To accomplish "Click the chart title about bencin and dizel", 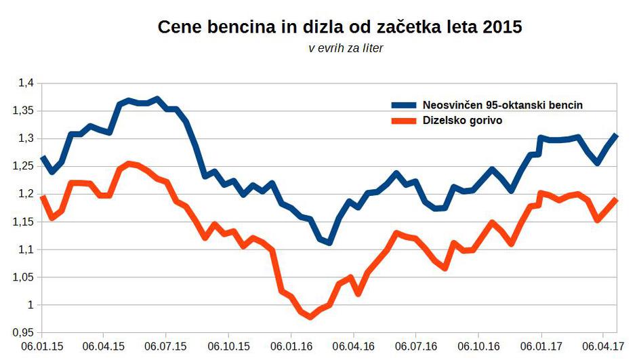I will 340,28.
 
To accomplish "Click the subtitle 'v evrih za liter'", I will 346,49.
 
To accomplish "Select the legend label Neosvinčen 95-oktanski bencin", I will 502,105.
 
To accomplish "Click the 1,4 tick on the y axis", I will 26,83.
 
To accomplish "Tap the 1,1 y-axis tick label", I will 26,249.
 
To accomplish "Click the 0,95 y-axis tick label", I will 23,333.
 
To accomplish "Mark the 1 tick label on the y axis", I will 30,305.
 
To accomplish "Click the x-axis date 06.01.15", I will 42,346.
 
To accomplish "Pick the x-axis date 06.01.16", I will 291,346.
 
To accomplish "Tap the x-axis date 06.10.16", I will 479,346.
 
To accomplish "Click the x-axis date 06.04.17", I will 604,346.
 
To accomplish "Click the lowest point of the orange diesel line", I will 311,317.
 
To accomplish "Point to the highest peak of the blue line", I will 157,99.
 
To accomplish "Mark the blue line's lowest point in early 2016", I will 329,242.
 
